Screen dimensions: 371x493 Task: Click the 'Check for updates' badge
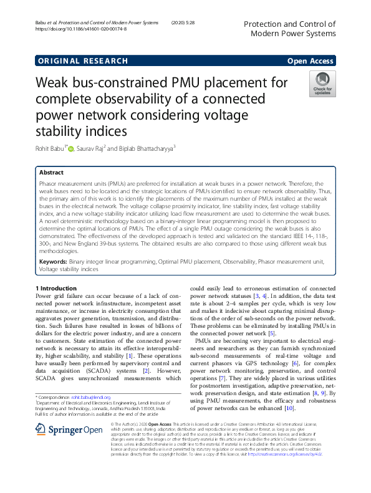[322, 84]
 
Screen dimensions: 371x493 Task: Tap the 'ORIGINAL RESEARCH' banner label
[82, 60]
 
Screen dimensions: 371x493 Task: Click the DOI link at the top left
[81, 29]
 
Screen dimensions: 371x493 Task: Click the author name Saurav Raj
[95, 148]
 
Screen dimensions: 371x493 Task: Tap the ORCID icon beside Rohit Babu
[71, 148]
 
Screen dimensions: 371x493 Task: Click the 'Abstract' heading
[51, 172]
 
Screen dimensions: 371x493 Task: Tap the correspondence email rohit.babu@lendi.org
[90, 379]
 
